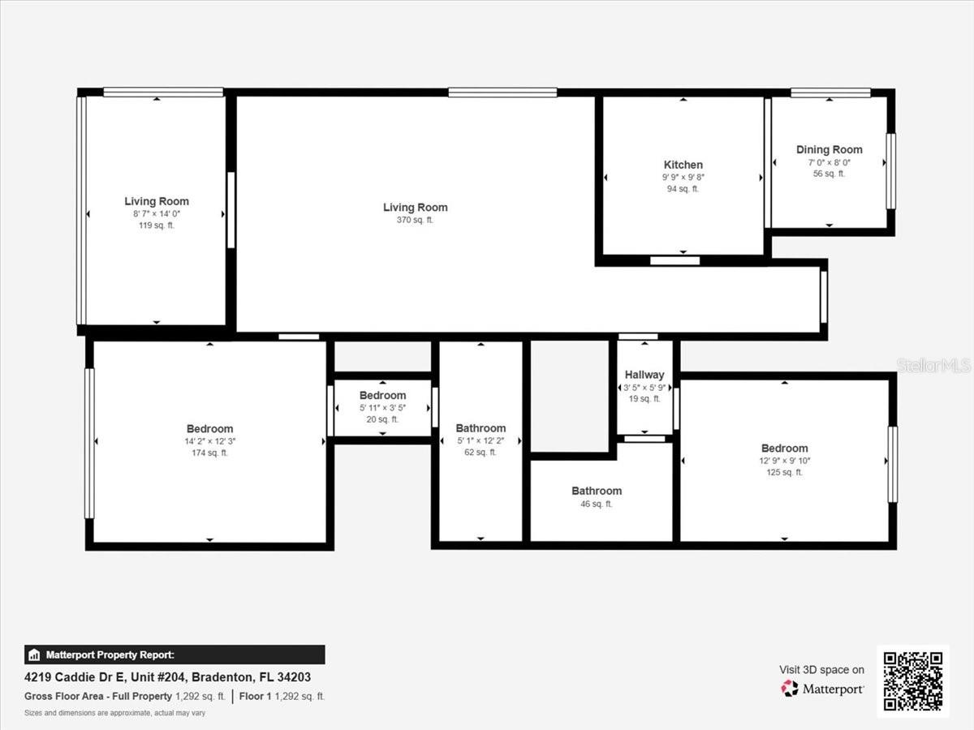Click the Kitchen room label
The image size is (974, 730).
click(x=683, y=165)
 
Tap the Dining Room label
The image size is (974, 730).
click(x=829, y=149)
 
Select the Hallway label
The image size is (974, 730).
click(x=644, y=375)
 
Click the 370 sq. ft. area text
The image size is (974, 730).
click(x=415, y=220)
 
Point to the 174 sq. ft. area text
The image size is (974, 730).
click(x=209, y=453)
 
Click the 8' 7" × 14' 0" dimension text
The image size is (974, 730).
click(x=157, y=213)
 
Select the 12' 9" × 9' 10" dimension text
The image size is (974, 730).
click(x=784, y=461)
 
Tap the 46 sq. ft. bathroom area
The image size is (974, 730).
click(x=597, y=504)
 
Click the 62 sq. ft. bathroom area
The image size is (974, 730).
click(x=481, y=453)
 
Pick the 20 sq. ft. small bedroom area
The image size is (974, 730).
click(x=382, y=419)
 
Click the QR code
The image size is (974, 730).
click(x=913, y=681)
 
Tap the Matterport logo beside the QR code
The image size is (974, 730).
click(x=822, y=689)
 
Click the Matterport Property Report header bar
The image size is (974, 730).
click(x=175, y=655)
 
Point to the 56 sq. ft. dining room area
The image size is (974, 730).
click(x=829, y=173)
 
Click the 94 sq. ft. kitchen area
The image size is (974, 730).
click(x=683, y=188)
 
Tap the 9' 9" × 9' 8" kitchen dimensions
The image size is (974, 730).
click(x=683, y=177)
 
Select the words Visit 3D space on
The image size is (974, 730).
click(x=821, y=669)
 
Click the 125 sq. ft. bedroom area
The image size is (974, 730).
click(x=784, y=472)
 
